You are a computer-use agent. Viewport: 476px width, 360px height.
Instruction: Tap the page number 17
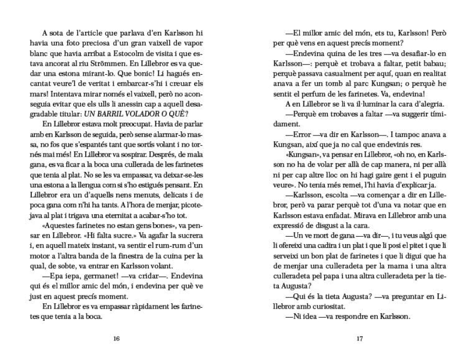359,339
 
